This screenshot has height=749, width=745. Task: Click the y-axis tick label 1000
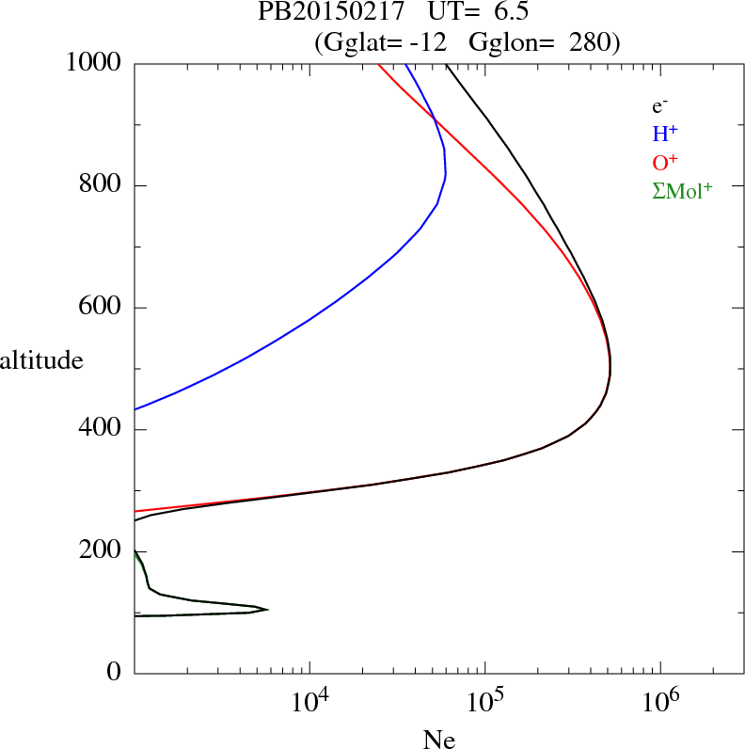[x=95, y=63]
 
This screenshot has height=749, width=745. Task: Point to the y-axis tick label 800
[x=102, y=185]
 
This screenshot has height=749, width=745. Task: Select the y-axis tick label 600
[x=102, y=308]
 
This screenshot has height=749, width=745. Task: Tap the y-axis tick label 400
[x=102, y=430]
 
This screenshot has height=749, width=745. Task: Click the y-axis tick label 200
[x=102, y=551]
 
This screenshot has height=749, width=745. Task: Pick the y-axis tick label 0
[x=115, y=674]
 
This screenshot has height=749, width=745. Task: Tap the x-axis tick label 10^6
[x=659, y=700]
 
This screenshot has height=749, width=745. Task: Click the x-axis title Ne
[x=438, y=740]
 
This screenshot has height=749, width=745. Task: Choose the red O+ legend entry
[x=665, y=162]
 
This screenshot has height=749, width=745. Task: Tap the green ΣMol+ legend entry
[x=682, y=190]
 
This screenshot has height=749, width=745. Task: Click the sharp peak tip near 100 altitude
[x=268, y=609]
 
